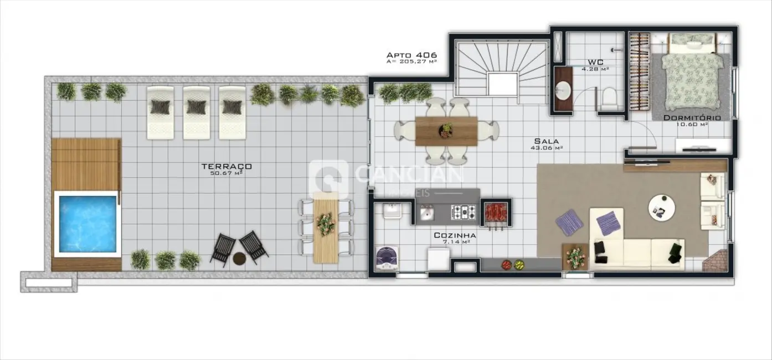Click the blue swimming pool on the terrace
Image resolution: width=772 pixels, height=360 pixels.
(x=87, y=223)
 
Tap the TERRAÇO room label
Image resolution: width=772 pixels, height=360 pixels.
(x=227, y=166)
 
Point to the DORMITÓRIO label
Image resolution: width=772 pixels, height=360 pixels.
(x=692, y=118)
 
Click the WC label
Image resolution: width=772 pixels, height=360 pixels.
(x=595, y=62)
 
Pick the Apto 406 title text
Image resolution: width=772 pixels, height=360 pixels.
(x=411, y=55)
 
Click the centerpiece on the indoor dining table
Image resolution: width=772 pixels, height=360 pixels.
(x=446, y=130)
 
